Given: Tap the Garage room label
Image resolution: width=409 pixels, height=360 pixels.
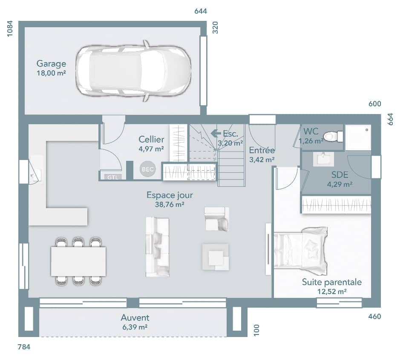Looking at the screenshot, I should tap(51, 64).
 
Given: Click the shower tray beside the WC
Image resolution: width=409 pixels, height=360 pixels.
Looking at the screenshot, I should tap(358, 137).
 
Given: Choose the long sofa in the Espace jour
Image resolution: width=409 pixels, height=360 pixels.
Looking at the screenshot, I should tap(157, 247).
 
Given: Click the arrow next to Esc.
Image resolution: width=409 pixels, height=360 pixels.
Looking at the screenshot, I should tap(216, 133).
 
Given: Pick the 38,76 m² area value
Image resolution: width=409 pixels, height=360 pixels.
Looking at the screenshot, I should tap(170, 204).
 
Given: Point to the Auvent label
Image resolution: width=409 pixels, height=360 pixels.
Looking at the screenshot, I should tap(135, 318).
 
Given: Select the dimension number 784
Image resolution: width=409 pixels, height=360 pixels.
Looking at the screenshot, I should tap(24, 347).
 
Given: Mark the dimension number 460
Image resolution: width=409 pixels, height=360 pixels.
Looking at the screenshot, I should tap(374, 316).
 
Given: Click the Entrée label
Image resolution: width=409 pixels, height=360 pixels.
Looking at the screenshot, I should tap(262, 151).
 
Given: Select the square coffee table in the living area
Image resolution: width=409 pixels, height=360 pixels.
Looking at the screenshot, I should tap(216, 257).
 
